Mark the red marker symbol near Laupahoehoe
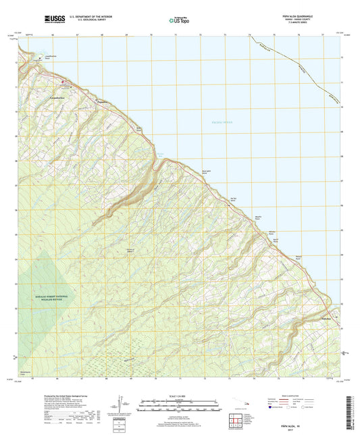pyautogui.click(x=66, y=84)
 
